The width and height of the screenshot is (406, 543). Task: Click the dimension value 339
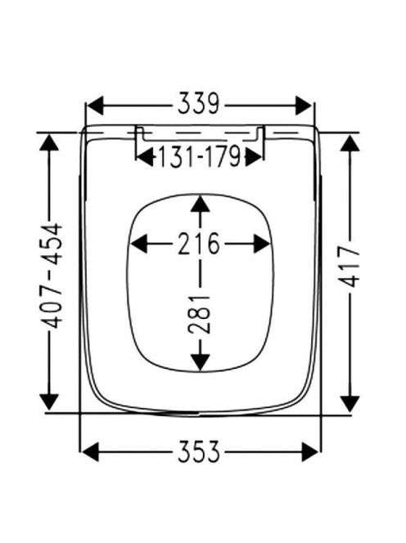click(x=199, y=104)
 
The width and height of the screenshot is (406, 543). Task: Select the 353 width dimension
click(x=199, y=451)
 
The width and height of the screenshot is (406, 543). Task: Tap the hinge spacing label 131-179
click(x=199, y=156)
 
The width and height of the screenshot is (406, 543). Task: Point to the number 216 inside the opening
click(x=199, y=244)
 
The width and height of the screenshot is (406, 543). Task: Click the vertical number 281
click(x=199, y=314)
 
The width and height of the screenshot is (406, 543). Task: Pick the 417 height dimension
click(x=350, y=267)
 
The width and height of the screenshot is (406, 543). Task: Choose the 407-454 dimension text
click(x=52, y=276)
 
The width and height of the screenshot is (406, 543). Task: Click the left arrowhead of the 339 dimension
click(x=95, y=105)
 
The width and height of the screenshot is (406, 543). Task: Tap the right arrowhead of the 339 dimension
click(x=304, y=105)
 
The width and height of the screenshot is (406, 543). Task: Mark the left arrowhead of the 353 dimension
click(x=91, y=451)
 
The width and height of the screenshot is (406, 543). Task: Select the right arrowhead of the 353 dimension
click(x=310, y=451)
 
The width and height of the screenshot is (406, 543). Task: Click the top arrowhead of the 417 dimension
click(x=350, y=144)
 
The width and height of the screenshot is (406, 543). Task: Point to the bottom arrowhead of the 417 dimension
click(x=350, y=403)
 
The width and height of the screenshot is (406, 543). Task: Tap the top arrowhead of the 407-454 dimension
click(x=48, y=142)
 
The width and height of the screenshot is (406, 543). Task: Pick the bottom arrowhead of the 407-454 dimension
click(x=49, y=402)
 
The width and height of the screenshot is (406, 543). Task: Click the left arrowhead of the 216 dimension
click(x=139, y=244)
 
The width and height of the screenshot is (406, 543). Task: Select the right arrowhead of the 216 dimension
click(x=262, y=244)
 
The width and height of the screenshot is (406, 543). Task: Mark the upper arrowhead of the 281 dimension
click(x=200, y=204)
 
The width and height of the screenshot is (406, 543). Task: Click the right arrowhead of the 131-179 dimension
click(x=254, y=158)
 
